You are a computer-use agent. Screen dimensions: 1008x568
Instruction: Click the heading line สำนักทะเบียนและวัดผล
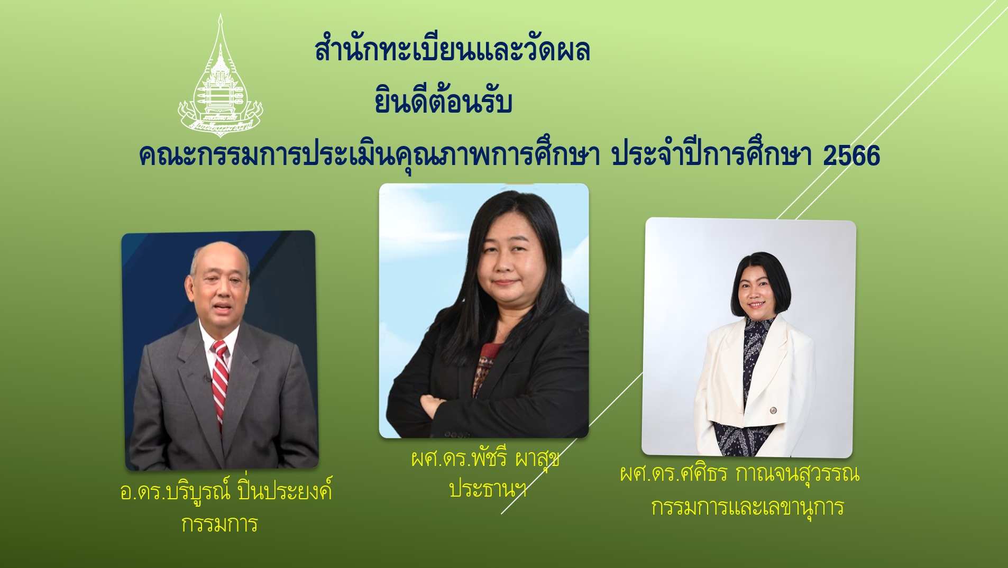tap(452, 50)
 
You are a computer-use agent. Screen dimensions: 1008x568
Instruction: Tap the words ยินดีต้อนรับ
tap(443, 100)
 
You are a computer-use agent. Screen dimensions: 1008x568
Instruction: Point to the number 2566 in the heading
tap(851, 155)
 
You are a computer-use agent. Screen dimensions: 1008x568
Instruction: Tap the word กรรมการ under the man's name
tap(219, 524)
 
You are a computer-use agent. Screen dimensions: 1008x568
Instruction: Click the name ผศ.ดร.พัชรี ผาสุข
tap(485, 458)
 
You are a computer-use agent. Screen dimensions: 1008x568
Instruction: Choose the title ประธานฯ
tap(488, 489)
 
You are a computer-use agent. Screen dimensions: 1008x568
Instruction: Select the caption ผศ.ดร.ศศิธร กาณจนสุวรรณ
tap(739, 473)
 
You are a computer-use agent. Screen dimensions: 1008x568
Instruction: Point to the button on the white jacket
tap(772, 410)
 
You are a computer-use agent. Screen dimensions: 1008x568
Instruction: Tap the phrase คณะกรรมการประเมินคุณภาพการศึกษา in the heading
tap(369, 155)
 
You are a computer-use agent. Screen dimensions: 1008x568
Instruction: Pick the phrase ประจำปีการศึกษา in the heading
tap(711, 155)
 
